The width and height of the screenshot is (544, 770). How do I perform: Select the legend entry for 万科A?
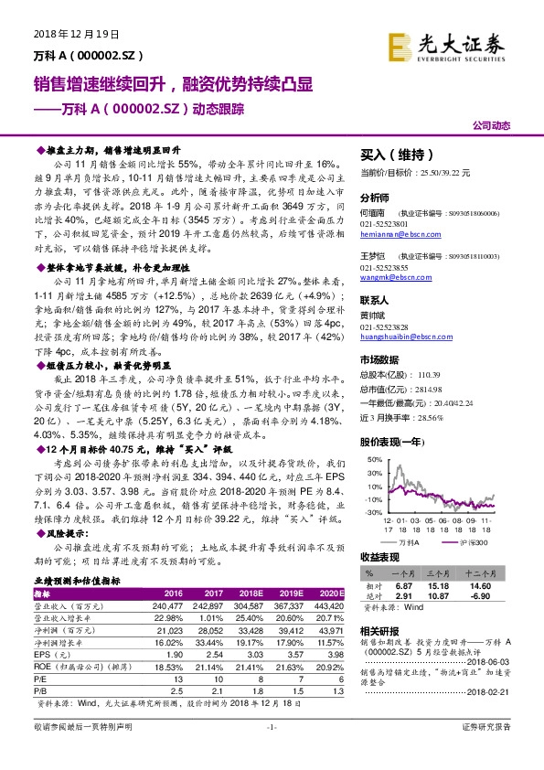[409, 542]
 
